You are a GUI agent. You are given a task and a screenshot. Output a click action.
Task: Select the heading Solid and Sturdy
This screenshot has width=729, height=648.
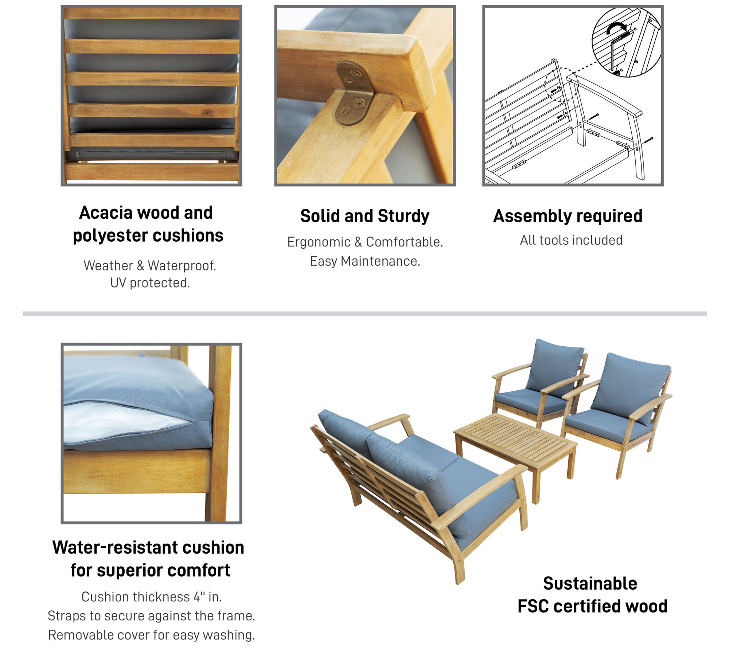click(364, 216)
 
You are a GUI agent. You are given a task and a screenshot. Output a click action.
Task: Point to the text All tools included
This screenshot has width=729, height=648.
click(571, 241)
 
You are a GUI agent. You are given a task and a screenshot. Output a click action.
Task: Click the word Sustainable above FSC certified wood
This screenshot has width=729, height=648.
click(590, 583)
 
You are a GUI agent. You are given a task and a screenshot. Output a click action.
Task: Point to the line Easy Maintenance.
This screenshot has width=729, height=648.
click(365, 261)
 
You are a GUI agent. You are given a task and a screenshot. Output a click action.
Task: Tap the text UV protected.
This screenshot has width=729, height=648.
click(150, 283)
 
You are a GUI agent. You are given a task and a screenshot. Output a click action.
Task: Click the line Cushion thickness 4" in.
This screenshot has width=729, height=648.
click(151, 597)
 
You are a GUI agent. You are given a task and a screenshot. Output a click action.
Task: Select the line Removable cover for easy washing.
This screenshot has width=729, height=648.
click(151, 635)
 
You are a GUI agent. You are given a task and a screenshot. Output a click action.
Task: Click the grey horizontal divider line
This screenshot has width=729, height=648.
click(364, 314)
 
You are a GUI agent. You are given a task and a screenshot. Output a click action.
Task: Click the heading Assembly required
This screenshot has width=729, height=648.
click(568, 216)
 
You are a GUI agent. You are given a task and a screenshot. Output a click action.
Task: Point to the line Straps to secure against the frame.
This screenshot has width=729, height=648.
click(151, 616)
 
